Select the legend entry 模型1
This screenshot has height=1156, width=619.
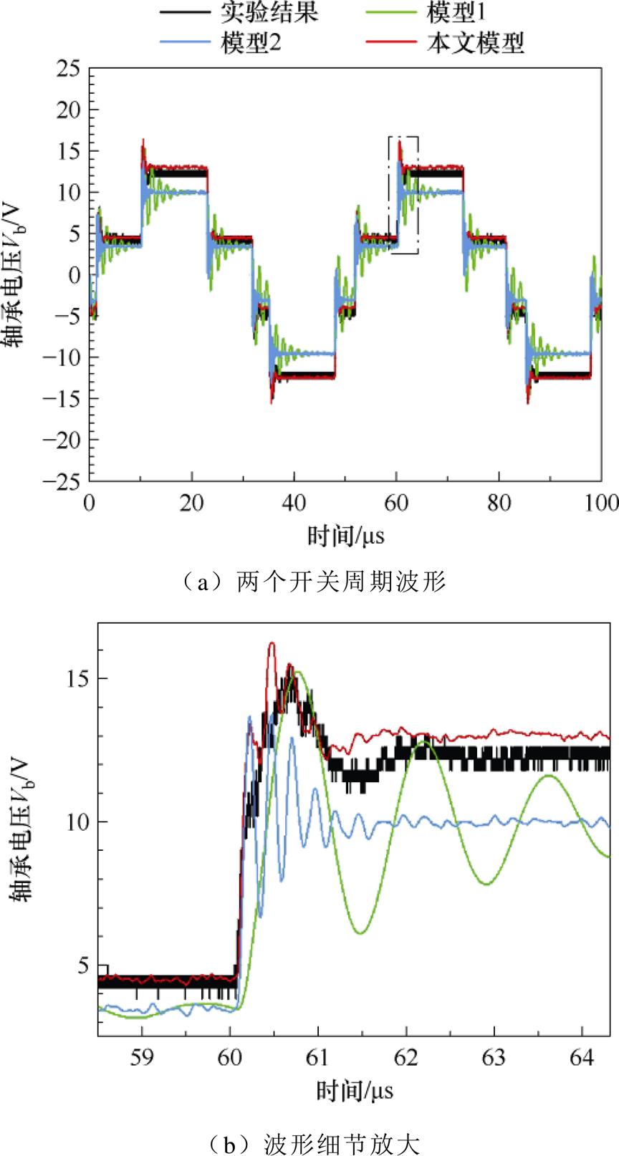466,14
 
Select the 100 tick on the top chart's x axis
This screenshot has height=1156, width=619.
600,503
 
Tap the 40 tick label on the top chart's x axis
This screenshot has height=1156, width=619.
294,503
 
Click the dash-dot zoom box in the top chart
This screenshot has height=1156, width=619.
403,194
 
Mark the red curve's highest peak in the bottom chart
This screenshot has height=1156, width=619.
272,644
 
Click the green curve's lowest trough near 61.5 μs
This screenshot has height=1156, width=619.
361,933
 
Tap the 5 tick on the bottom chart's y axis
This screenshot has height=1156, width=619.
86,965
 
